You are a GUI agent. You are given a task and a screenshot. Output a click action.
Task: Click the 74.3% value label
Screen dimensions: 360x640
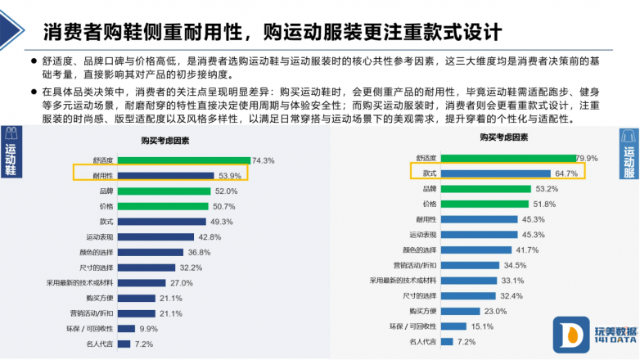point(263,160)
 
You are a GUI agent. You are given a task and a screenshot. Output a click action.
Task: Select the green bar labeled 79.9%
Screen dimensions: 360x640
point(507,158)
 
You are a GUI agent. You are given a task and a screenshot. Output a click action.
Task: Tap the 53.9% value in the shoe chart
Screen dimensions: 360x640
point(229,175)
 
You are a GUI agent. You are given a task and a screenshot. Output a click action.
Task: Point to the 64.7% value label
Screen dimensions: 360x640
point(566,173)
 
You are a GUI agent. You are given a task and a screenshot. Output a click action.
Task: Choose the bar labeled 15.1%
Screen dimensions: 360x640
point(454,326)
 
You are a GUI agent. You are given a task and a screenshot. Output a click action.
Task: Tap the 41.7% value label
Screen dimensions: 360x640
point(526,250)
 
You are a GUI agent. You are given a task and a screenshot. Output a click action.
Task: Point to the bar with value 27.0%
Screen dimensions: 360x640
point(142,282)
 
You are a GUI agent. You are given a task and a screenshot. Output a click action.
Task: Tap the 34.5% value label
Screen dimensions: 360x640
point(515,265)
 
